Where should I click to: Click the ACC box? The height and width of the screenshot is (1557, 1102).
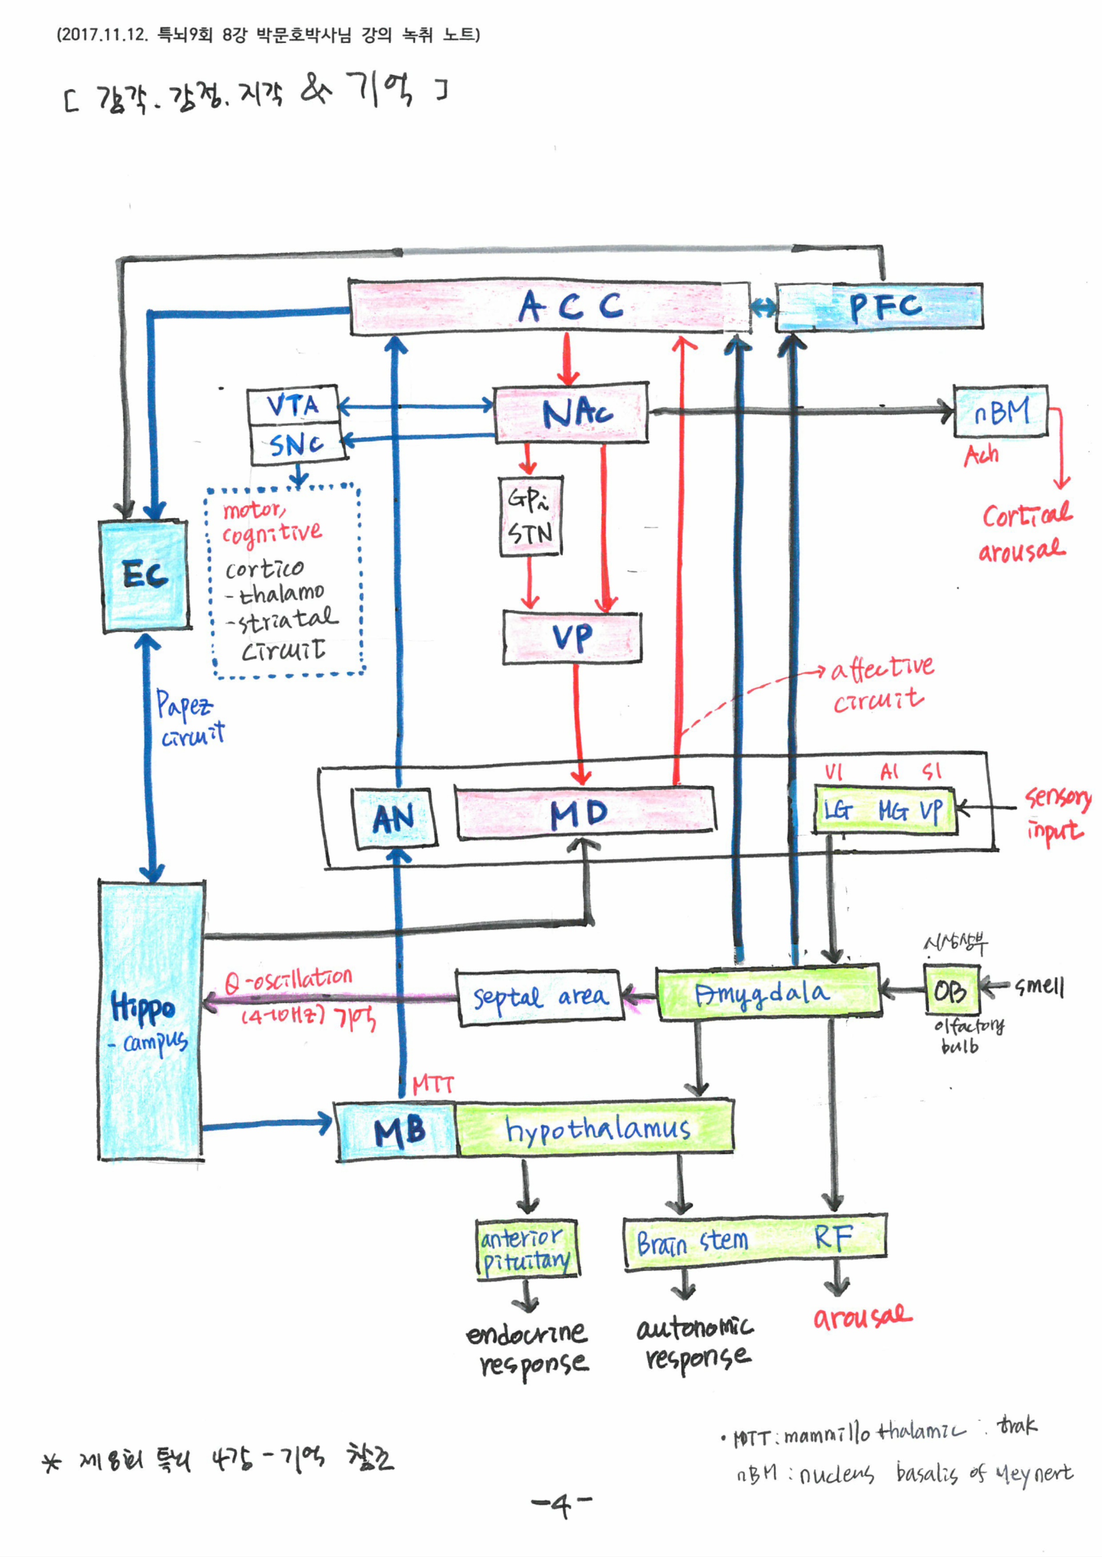coord(550,307)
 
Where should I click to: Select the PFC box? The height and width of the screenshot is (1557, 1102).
coord(879,307)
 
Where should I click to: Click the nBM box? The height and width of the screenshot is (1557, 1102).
coord(1001,411)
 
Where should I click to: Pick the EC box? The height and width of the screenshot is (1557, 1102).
coord(144,576)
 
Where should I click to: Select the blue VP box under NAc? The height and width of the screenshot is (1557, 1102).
coord(572,637)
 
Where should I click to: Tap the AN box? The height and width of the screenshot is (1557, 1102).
coord(393,817)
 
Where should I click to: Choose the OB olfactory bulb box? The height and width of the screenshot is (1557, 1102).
coord(950,991)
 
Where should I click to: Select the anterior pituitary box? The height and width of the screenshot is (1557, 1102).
coord(526,1249)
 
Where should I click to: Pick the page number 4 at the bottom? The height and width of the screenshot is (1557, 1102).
coord(561,1506)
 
